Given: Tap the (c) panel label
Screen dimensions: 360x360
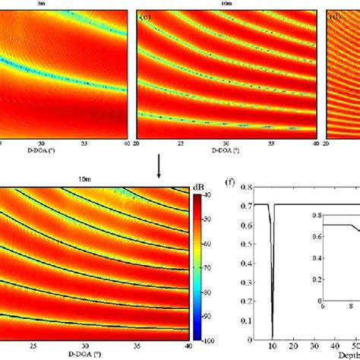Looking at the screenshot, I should tap(143, 14).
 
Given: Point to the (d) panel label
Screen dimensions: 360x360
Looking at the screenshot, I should tap(333, 14).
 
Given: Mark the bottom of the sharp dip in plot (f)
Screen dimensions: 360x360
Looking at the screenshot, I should tap(272, 337).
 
